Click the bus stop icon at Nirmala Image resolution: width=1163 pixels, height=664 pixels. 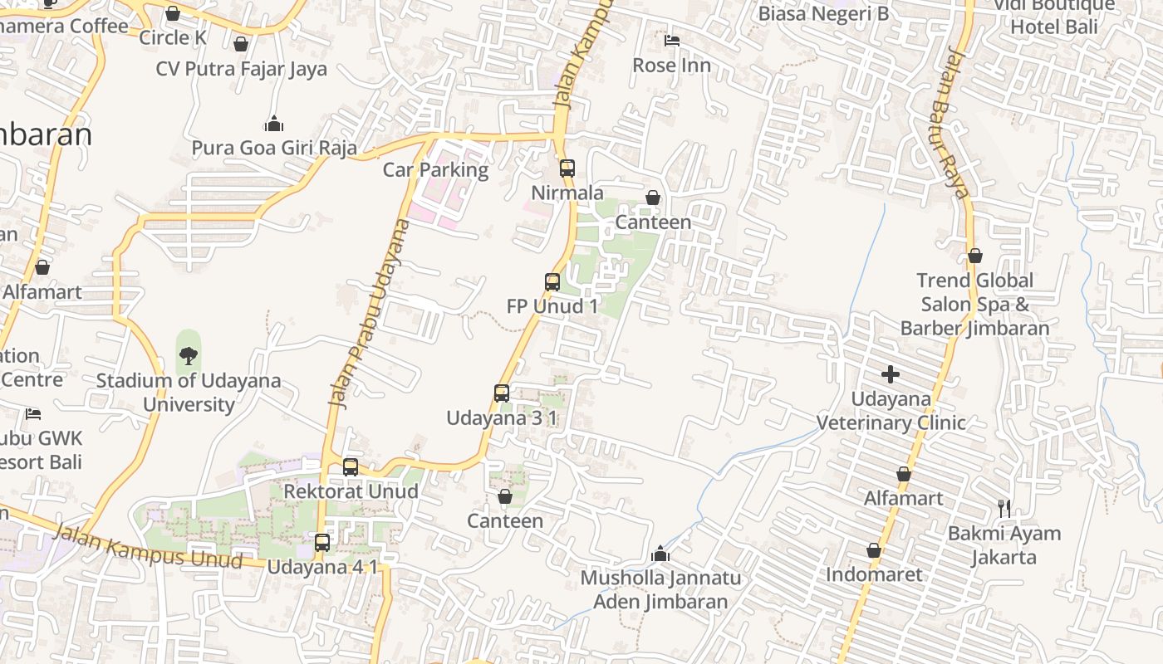coord(567,168)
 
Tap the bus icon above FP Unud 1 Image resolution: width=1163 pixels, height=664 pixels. coord(552,281)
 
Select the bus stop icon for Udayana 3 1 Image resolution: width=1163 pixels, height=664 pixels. coord(502,393)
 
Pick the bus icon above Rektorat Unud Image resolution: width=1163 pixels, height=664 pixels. coord(351,466)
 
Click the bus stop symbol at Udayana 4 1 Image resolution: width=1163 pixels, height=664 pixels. coord(322,543)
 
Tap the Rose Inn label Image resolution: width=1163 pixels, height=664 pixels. coord(671,65)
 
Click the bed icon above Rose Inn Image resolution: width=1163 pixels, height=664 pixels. coord(672,40)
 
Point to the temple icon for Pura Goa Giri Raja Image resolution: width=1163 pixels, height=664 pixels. coord(273,124)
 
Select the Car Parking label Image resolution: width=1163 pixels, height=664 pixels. coord(435,169)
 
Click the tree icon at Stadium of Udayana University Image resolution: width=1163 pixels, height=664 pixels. coord(189,356)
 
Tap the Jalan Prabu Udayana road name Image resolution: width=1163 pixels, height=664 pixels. coord(370,313)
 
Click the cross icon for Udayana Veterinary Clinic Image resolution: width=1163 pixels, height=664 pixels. coord(891,374)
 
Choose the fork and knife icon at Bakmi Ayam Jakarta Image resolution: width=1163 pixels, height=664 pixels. coord(1004,508)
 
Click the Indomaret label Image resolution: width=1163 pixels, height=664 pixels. coord(874,574)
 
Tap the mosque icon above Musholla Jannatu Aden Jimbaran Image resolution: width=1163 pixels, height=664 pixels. coord(661,553)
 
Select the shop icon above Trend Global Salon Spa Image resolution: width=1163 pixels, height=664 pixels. coord(975,256)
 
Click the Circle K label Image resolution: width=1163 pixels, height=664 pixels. coord(172,37)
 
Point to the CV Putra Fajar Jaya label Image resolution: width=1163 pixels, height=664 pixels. coord(241,69)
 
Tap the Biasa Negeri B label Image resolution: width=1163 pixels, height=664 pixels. coord(823,13)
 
